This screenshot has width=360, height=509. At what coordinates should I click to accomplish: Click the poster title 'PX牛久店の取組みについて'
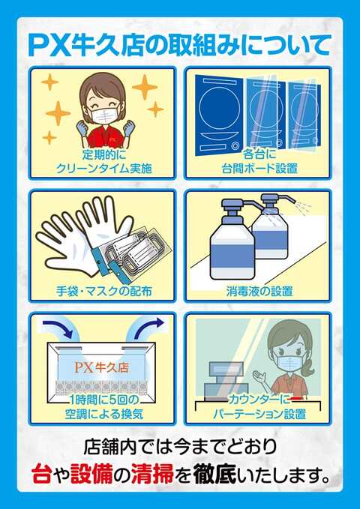(x=180, y=43)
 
